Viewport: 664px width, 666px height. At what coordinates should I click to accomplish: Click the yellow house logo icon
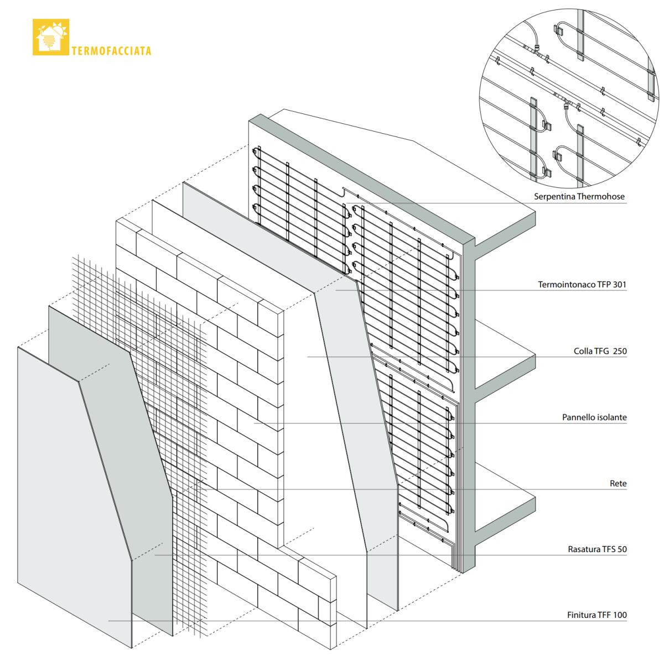pos(51,37)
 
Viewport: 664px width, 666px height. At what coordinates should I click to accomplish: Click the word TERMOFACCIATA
pos(111,51)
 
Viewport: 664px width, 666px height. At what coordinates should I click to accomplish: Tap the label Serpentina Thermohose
pos(579,197)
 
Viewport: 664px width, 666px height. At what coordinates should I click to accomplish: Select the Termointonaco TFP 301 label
pos(582,285)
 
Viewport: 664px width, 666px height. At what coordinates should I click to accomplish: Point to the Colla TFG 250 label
pos(600,351)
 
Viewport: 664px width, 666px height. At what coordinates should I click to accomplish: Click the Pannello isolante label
pos(594,417)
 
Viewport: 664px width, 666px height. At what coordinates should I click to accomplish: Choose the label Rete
pos(618,484)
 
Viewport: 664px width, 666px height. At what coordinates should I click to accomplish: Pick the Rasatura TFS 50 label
pos(597,549)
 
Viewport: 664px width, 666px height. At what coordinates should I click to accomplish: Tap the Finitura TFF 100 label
pos(597,615)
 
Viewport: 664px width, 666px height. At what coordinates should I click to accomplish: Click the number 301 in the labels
pos(619,285)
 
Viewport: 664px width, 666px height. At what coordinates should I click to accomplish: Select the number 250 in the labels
pos(619,351)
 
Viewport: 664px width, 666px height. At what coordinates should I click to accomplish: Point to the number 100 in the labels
pos(620,615)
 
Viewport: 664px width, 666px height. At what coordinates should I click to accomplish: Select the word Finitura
pos(580,615)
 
